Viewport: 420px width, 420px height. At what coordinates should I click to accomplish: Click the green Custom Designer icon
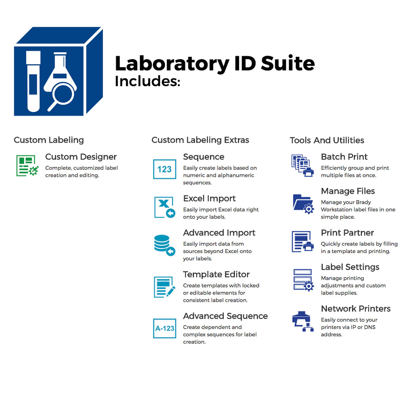coord(27,166)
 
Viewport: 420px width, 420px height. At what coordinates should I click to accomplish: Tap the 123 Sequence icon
coord(164,169)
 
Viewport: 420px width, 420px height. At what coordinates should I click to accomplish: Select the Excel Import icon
coord(165,207)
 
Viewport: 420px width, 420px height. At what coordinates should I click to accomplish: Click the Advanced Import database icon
coord(164,245)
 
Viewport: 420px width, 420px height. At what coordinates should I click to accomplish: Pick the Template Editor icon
coord(164,287)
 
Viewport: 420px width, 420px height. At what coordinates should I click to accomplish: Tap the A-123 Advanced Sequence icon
coord(164,329)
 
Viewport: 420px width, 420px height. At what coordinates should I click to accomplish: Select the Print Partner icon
coord(303,242)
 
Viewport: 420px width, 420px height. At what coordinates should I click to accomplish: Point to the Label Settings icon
coord(304,280)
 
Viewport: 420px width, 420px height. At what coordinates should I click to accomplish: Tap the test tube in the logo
coord(33,81)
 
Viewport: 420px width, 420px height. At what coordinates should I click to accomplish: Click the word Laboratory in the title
coord(172,64)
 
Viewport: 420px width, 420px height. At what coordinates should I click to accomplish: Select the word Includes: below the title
coord(147,81)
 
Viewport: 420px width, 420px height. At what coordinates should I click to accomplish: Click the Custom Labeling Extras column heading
coord(200,140)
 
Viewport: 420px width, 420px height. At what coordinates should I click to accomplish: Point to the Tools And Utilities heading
coord(327,140)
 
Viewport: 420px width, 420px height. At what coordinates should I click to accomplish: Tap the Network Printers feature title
coord(356,308)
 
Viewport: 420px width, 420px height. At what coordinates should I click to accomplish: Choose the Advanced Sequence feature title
coord(225,316)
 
